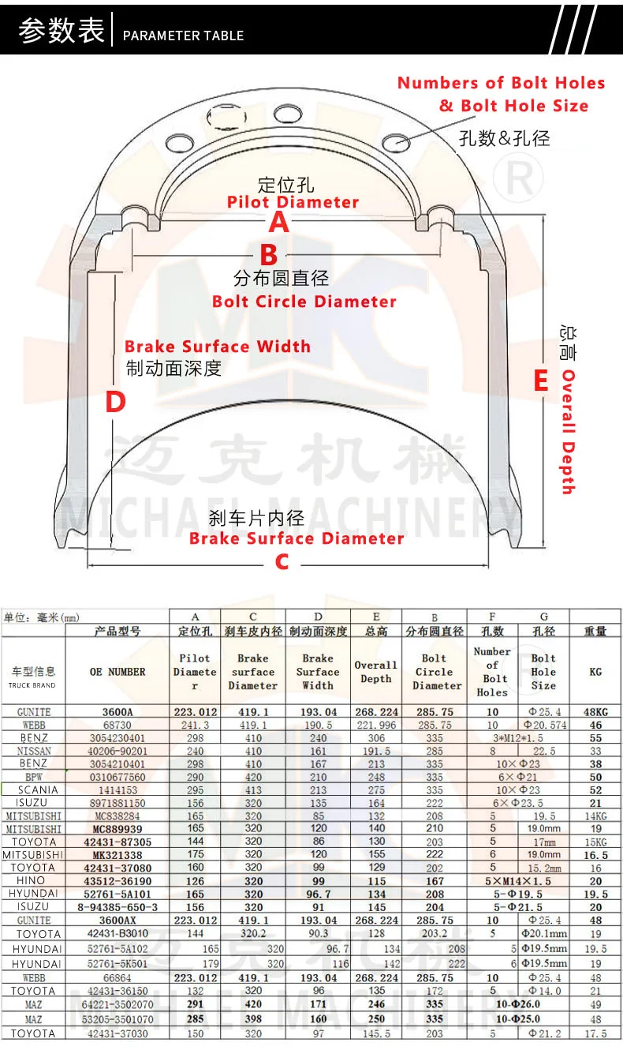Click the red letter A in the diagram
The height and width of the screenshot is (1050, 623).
point(279,223)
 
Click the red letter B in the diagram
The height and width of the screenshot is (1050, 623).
point(269,255)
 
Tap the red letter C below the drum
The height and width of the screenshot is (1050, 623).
point(282,561)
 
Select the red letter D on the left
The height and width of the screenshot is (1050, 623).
point(116,403)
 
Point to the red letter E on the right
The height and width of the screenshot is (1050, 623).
point(540,381)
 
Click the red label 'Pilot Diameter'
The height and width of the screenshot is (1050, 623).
point(293,202)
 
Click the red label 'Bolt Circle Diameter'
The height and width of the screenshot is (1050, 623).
point(304,302)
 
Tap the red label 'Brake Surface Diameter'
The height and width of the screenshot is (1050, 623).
point(297,538)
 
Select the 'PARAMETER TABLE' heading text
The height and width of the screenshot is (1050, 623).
point(184,36)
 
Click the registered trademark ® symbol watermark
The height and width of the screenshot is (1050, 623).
point(519,180)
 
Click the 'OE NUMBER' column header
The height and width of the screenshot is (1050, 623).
point(118,672)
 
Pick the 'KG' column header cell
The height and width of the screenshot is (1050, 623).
point(595,672)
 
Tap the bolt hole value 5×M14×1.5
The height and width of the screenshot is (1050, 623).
point(518,880)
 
